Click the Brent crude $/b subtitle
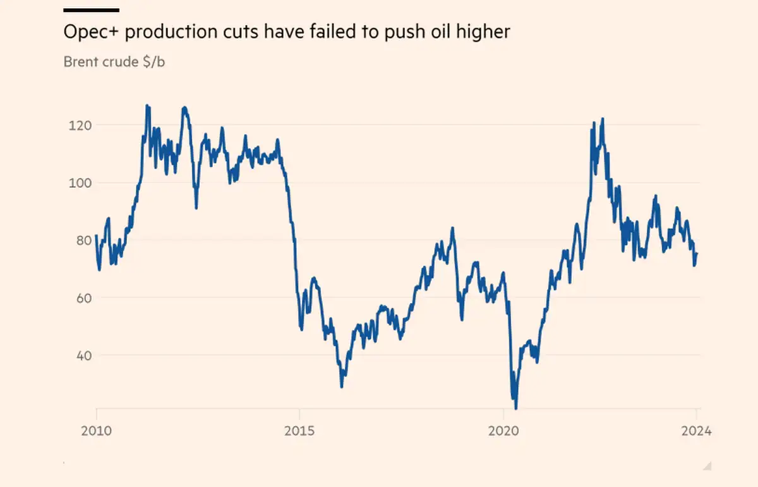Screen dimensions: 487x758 114,62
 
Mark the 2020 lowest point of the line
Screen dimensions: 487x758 516,408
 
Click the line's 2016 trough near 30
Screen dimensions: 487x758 342,386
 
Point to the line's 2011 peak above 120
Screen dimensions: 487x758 147,106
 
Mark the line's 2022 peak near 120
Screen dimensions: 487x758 603,119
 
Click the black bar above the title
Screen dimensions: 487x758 92,10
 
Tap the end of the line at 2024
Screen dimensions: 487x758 697,254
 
